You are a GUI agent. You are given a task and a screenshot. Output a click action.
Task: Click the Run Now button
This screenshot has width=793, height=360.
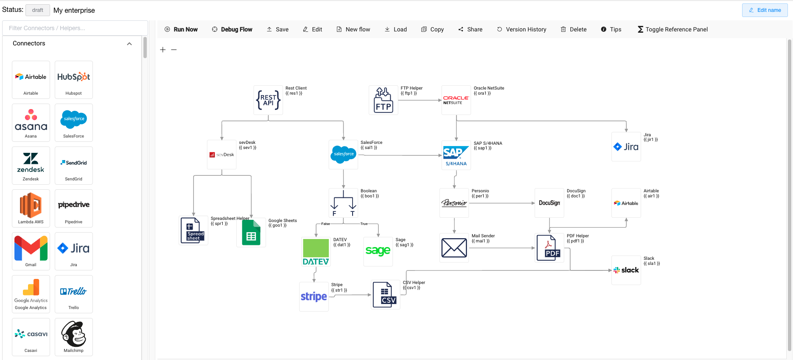181,29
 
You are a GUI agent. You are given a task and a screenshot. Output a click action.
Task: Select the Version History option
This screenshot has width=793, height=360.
521,29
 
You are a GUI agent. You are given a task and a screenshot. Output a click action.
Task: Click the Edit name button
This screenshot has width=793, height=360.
765,10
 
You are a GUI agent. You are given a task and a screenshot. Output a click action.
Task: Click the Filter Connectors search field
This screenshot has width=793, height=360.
75,28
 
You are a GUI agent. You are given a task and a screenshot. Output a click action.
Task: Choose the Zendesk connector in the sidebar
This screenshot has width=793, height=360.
31,165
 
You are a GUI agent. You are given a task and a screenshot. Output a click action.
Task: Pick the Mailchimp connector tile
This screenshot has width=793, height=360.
74,337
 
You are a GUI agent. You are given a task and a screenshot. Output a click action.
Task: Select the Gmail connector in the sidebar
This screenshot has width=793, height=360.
31,251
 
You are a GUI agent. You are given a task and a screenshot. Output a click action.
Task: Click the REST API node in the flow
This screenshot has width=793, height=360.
268,100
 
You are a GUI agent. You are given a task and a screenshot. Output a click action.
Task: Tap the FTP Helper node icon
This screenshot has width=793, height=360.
384,100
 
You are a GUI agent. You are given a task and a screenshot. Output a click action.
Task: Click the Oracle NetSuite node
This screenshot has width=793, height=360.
456,100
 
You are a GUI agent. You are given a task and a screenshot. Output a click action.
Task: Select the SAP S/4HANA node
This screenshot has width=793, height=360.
456,155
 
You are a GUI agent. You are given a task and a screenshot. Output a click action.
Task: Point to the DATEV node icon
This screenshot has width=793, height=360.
316,252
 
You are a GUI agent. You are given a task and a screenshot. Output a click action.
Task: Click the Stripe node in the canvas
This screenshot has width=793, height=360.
314,296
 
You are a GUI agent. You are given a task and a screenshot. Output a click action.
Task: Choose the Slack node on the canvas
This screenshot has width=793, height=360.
626,270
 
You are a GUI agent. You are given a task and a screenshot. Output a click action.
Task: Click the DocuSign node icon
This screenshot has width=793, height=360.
549,203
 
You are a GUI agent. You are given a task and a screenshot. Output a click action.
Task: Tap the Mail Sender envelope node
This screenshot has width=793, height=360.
454,248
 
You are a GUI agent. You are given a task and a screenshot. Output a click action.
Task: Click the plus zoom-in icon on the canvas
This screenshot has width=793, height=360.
163,50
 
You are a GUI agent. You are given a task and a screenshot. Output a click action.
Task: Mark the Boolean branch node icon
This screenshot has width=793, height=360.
343,203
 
